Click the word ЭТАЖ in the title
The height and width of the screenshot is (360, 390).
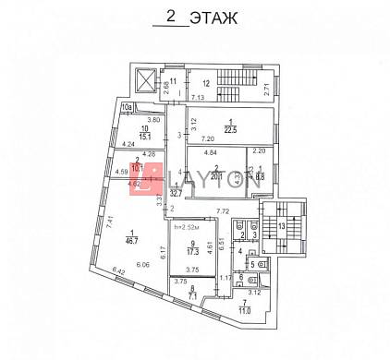[x=211, y=17]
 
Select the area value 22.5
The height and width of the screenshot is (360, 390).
[x=227, y=128]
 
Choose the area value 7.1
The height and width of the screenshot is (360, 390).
[x=193, y=298]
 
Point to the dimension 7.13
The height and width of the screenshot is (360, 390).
[x=197, y=96]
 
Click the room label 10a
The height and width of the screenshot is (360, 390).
[x=126, y=106]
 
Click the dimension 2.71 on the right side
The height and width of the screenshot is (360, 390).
[x=266, y=89]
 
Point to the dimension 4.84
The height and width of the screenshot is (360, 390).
[x=210, y=150]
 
